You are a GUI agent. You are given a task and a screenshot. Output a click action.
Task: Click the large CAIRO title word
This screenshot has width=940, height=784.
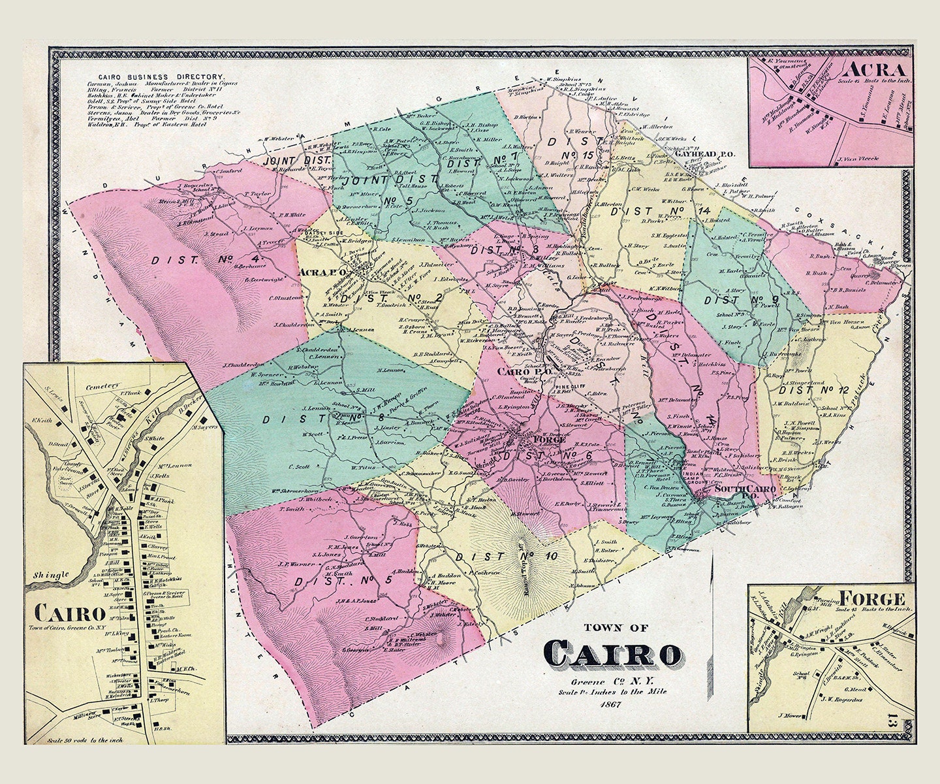point(614,654)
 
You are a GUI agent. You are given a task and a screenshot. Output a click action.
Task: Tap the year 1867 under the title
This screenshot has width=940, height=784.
point(612,704)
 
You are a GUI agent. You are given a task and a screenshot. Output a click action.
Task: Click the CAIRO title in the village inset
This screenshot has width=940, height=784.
point(70,612)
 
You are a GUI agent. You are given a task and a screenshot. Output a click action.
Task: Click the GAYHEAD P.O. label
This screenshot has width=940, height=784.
point(704,154)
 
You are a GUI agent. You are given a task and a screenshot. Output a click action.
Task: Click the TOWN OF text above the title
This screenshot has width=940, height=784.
point(616,628)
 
